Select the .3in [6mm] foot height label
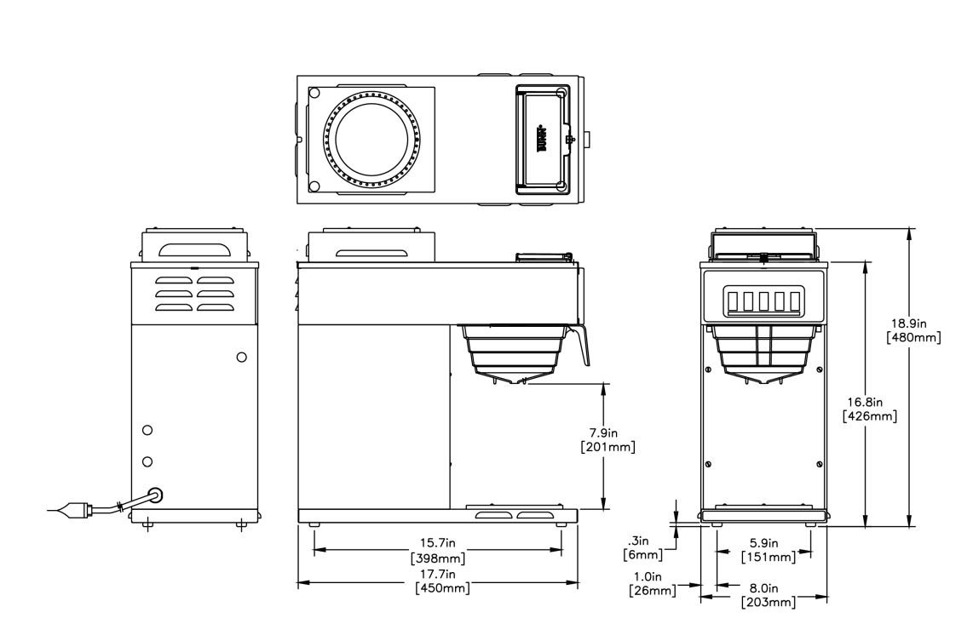tap(643, 547)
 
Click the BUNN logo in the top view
tap(542, 137)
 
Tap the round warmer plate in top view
tap(371, 139)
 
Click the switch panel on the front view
tap(763, 301)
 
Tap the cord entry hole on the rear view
tap(154, 495)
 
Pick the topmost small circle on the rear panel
tap(241, 357)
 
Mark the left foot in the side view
tap(314, 524)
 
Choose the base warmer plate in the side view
tap(511, 515)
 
